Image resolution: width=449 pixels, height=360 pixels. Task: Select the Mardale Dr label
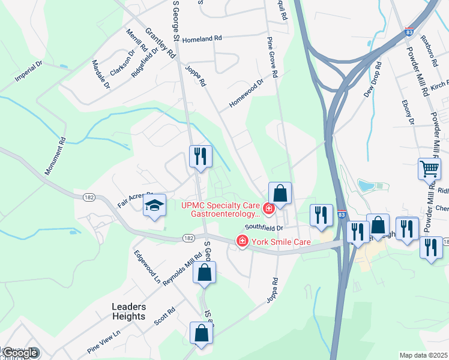pyautogui.click(x=101, y=74)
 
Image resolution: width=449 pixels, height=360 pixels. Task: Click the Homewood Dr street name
pyautogui.click(x=246, y=94)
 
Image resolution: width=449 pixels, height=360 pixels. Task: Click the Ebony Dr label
pyautogui.click(x=411, y=112)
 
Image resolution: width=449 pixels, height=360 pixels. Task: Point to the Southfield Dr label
pyautogui.click(x=263, y=228)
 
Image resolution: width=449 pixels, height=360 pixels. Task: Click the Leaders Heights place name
pyautogui.click(x=128, y=311)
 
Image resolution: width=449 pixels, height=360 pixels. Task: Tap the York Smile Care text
pyautogui.click(x=281, y=242)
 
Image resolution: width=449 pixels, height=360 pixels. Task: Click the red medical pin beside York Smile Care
pyautogui.click(x=243, y=242)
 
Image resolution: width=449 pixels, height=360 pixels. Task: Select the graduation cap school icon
pyautogui.click(x=154, y=206)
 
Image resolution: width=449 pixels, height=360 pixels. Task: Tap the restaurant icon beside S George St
pyautogui.click(x=200, y=156)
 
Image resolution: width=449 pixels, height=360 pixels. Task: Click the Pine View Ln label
pyautogui.click(x=104, y=340)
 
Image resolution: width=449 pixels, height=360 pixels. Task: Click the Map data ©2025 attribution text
pyautogui.click(x=424, y=355)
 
